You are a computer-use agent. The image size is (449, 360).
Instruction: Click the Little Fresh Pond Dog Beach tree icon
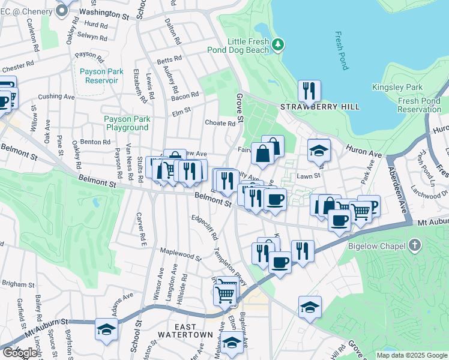point(277,44)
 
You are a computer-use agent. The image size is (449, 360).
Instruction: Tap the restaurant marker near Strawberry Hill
point(309,91)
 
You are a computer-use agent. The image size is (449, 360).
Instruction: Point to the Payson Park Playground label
point(127,123)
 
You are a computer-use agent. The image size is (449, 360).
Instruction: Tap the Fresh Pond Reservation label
point(419,105)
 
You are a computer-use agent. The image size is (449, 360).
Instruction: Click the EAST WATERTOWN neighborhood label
point(185,334)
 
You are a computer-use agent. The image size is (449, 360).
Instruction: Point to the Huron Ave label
point(367,150)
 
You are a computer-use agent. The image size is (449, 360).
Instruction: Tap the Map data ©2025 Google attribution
point(412,355)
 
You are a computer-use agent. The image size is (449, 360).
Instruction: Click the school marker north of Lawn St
point(319,151)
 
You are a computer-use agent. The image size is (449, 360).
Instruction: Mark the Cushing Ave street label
point(56,96)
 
